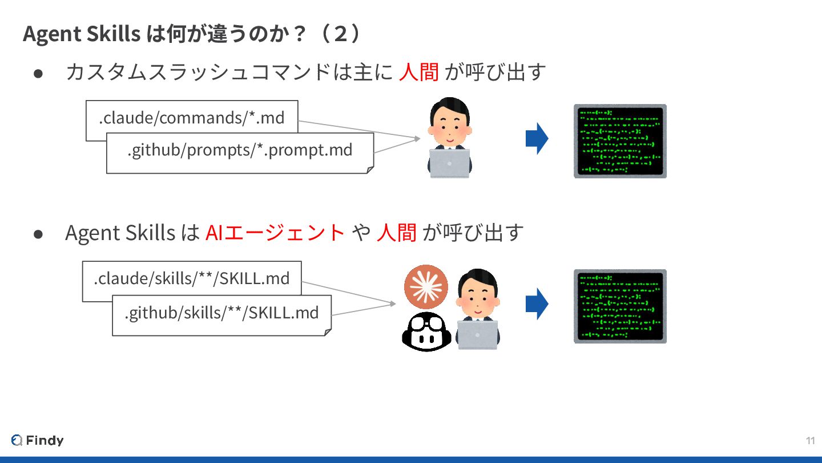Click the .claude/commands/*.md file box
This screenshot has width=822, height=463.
191,117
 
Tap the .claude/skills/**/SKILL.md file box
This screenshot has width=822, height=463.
192,278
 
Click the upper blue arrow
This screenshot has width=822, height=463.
537,139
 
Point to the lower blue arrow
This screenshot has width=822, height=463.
537,304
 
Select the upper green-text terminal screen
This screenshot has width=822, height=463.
620,141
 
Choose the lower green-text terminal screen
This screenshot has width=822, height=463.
620,306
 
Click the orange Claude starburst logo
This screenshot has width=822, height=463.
426,287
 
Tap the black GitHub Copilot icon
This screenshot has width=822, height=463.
427,332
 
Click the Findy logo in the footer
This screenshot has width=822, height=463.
37,440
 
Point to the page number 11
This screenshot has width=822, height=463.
810,440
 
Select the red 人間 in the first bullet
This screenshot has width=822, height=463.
418,73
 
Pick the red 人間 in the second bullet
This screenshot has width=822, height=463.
396,233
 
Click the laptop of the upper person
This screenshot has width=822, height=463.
449,162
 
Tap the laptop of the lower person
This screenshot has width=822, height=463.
477,334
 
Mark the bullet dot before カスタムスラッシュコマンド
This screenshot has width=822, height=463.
39,74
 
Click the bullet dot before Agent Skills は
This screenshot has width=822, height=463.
39,234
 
